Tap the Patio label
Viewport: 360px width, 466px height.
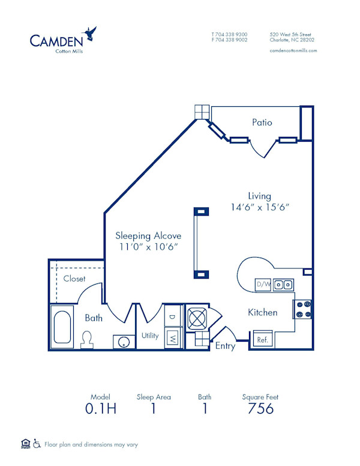click(x=262, y=123)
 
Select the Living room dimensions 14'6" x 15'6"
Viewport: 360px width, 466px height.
click(x=260, y=207)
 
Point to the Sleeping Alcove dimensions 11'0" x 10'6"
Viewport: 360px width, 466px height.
click(x=148, y=247)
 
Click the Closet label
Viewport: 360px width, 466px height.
click(x=74, y=279)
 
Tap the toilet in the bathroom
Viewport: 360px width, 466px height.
click(x=88, y=339)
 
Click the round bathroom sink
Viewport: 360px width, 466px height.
click(x=123, y=342)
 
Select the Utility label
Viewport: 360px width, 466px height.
click(x=150, y=336)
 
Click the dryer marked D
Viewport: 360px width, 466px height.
click(x=172, y=316)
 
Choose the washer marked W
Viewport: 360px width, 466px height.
click(x=172, y=337)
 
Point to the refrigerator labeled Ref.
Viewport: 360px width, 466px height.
click(x=262, y=339)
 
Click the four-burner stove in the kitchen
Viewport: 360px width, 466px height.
click(x=304, y=309)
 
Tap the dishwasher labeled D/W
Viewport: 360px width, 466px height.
click(x=263, y=284)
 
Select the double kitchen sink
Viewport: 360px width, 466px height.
click(x=283, y=285)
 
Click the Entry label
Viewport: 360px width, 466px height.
click(x=225, y=346)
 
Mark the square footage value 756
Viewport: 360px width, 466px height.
click(x=260, y=409)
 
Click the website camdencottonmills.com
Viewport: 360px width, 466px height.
click(x=293, y=51)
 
